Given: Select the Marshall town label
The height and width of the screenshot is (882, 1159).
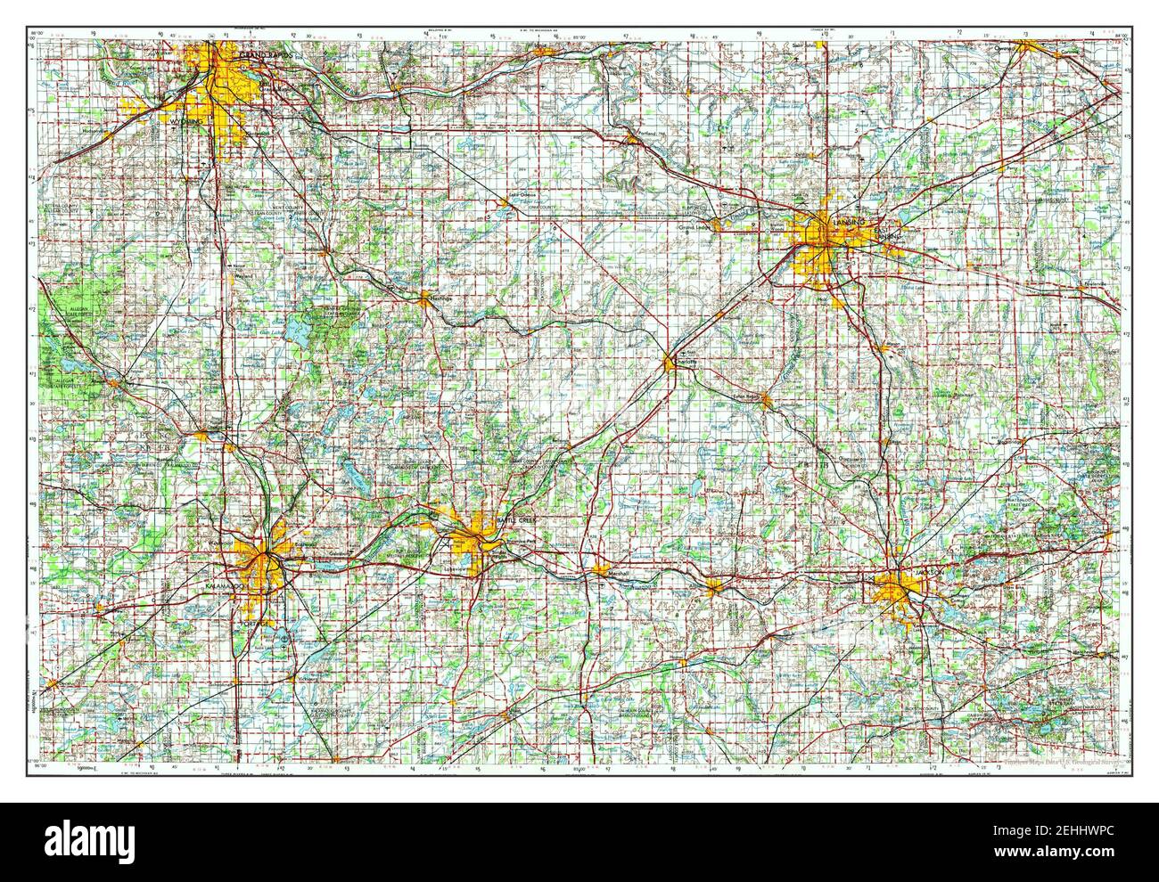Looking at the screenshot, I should coord(617,573).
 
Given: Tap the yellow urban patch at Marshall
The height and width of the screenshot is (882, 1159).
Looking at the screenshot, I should coord(599,570).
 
